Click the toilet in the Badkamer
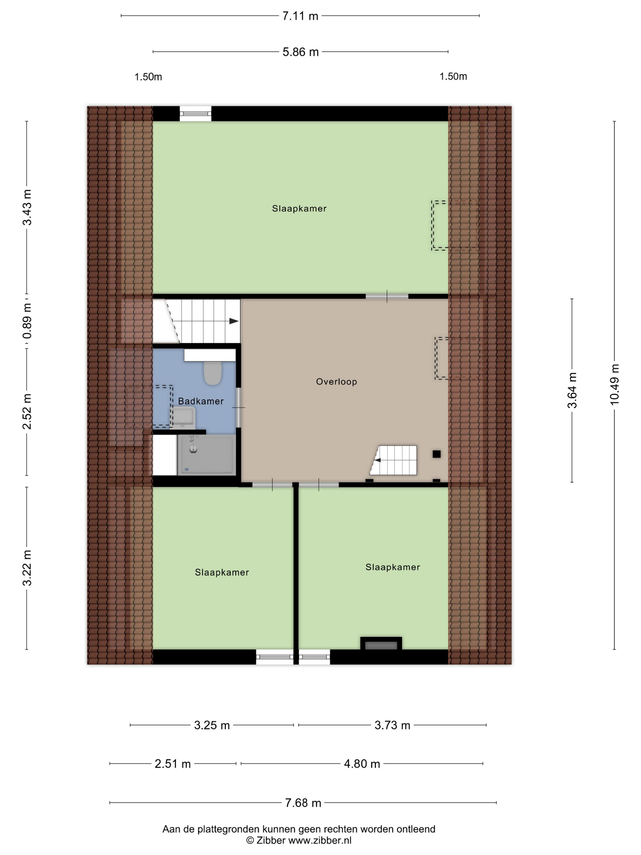[x=212, y=373]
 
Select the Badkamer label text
[x=201, y=401]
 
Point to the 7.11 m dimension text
[x=300, y=16]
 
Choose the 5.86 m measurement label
[x=301, y=52]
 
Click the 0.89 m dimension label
[x=27, y=321]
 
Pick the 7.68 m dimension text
[x=303, y=803]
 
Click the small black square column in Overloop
[x=436, y=454]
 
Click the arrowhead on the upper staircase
[x=234, y=321]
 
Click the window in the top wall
[x=196, y=114]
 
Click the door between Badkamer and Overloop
[x=238, y=407]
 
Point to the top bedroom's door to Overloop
[x=387, y=297]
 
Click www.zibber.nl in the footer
[x=320, y=840]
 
